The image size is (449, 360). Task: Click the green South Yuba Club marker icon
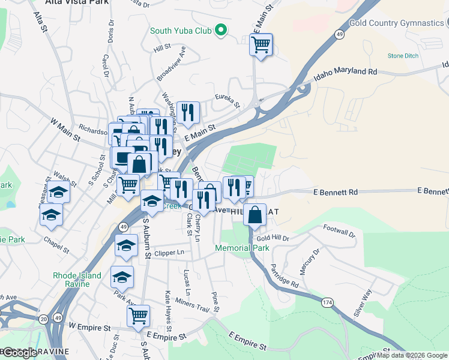(220, 29)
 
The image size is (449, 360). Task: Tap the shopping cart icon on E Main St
(261, 44)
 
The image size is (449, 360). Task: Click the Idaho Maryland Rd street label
(345, 74)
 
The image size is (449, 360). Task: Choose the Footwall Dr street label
(339, 229)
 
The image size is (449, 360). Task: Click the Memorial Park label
(242, 248)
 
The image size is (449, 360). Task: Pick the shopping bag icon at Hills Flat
(255, 214)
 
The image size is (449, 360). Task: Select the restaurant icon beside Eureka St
(188, 112)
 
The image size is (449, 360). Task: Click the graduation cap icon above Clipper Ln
(126, 245)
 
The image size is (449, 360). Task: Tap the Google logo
(20, 353)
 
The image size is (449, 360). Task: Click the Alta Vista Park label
(77, 2)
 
